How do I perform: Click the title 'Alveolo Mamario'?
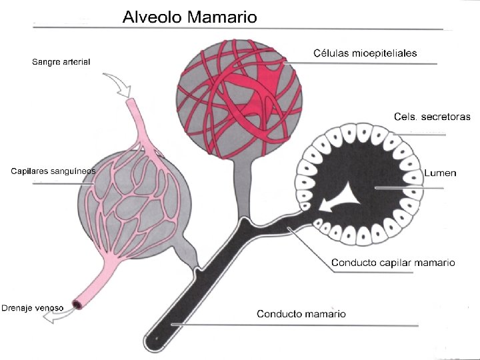pos(189,17)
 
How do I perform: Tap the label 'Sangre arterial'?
pos(61,62)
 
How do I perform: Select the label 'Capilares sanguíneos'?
pos(53,171)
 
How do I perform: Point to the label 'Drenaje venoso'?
pos(33,308)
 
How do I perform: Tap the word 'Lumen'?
pos(440,173)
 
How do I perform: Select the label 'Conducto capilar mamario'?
pos(393,263)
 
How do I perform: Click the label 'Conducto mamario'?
pos(301,313)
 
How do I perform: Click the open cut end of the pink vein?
pos(77,305)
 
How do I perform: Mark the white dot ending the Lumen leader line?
pos(376,189)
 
